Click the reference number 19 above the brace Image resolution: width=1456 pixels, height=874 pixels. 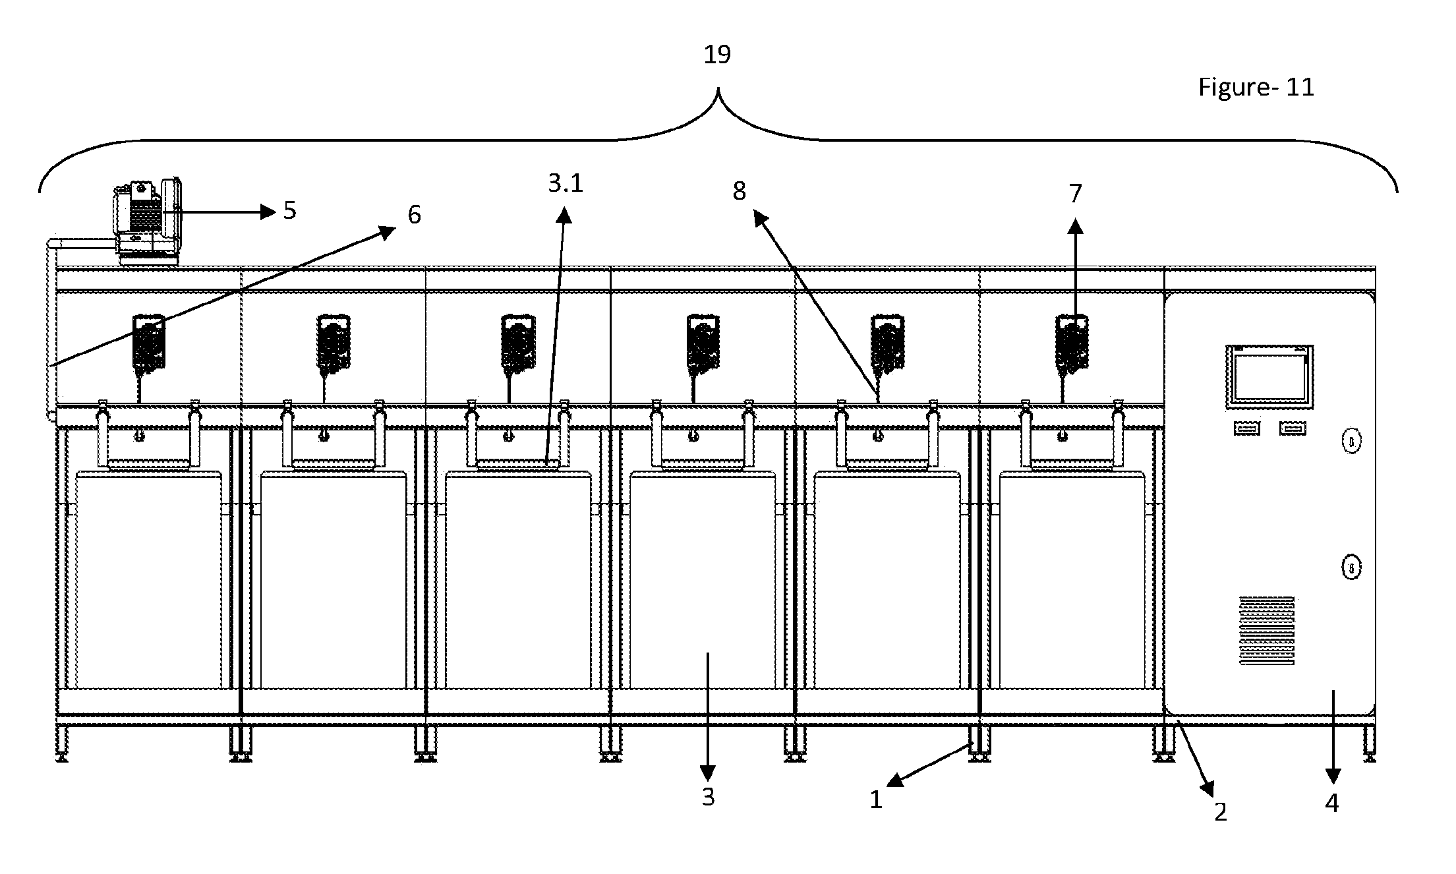pos(717,55)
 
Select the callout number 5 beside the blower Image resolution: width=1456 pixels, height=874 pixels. pos(290,210)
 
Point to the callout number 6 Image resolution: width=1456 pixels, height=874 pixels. pos(414,214)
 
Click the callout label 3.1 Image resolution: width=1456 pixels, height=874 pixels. pos(566,183)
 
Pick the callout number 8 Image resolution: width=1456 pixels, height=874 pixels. pos(739,191)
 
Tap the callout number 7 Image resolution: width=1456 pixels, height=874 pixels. pos(1075,194)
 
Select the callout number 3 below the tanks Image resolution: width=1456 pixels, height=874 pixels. pos(708,797)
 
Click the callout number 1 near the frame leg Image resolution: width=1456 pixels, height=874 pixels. pos(875,800)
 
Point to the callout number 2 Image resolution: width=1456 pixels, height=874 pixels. pos(1221,812)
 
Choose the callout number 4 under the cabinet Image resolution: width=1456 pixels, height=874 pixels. pos(1331,803)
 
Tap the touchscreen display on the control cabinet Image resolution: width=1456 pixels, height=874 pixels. pos(1269,378)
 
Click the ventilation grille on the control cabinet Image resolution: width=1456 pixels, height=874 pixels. pos(1267,630)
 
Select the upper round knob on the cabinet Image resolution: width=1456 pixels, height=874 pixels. pos(1351,441)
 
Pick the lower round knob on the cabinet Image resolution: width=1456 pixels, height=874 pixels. pos(1351,568)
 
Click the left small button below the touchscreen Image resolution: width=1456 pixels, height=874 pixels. pos(1246,429)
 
